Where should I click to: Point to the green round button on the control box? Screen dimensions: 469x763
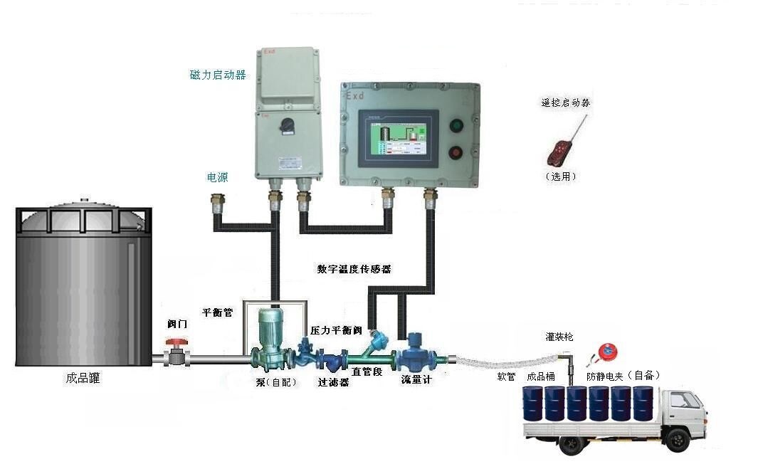tap(456, 126)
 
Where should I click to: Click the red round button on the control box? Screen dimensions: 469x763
tap(456, 152)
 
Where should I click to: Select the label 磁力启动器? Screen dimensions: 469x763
tap(218, 74)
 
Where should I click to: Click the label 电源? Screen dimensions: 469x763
tap(217, 177)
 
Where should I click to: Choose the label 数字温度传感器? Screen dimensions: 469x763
tap(354, 269)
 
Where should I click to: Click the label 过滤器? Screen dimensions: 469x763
tap(333, 381)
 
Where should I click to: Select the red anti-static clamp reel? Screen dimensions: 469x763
tap(606, 351)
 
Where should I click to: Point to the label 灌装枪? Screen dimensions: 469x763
tap(559, 336)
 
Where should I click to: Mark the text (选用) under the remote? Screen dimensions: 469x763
tap(561, 176)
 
